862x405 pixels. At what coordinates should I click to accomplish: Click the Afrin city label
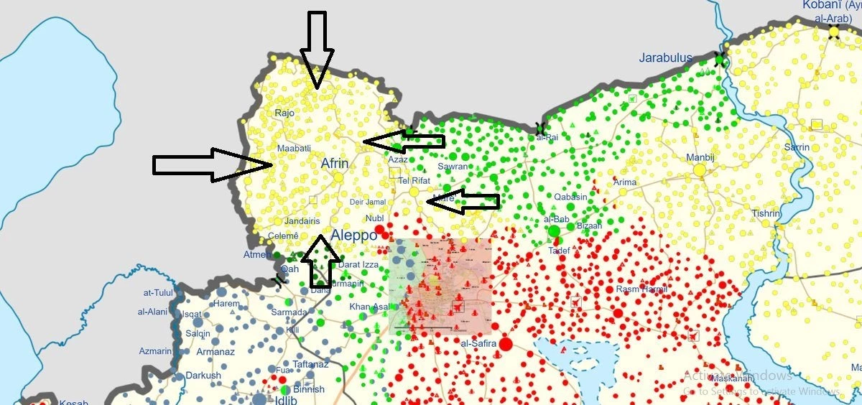[x=334, y=164]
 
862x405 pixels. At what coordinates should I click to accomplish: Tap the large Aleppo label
[x=353, y=236]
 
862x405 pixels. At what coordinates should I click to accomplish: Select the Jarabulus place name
[x=666, y=58]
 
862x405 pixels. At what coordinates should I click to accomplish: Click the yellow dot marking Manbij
[x=700, y=170]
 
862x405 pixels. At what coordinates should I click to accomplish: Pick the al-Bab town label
[x=557, y=218]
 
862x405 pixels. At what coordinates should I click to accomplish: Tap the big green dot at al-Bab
[x=554, y=231]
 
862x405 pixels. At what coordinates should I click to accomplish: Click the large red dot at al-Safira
[x=506, y=344]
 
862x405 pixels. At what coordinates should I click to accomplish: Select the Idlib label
[x=286, y=400]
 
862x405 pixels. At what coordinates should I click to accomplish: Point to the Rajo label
[x=285, y=113]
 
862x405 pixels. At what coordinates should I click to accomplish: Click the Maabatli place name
[x=294, y=148]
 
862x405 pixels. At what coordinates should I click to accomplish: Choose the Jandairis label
[x=302, y=221]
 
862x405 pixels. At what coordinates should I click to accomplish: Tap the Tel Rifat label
[x=414, y=180]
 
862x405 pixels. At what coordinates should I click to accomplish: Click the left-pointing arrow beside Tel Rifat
[x=463, y=202]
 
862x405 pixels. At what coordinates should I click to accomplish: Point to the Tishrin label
[x=766, y=213]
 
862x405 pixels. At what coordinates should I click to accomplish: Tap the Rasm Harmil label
[x=642, y=289]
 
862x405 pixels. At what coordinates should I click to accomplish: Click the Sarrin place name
[x=797, y=147]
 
